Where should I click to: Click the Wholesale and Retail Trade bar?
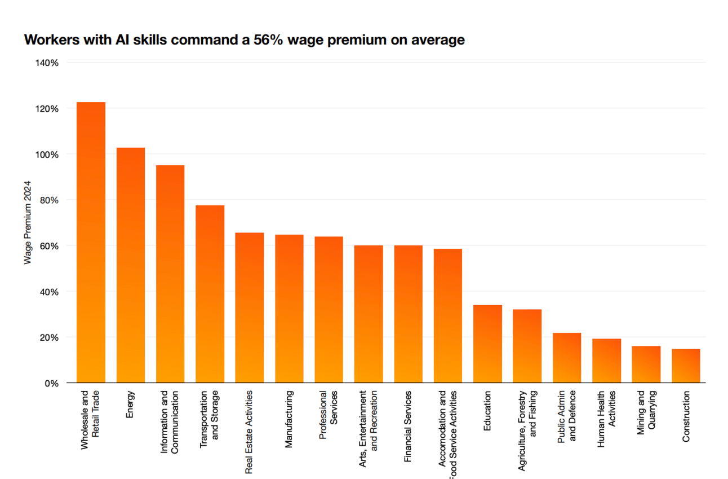tap(91, 243)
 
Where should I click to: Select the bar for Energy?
tap(131, 265)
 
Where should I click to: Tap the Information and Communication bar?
tap(170, 274)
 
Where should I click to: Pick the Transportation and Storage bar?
tap(210, 294)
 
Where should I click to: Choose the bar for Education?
tap(487, 344)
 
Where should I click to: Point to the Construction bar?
tap(686, 366)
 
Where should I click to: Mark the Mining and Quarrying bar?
tap(646, 364)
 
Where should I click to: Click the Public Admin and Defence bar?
tap(567, 358)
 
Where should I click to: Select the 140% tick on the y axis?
tap(47, 63)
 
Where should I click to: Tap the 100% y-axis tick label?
tap(47, 154)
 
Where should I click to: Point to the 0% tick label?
tap(51, 383)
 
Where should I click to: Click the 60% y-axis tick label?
tap(49, 246)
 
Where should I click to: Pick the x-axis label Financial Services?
tap(408, 427)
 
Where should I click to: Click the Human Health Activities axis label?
tap(606, 418)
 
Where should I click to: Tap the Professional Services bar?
tap(329, 310)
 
